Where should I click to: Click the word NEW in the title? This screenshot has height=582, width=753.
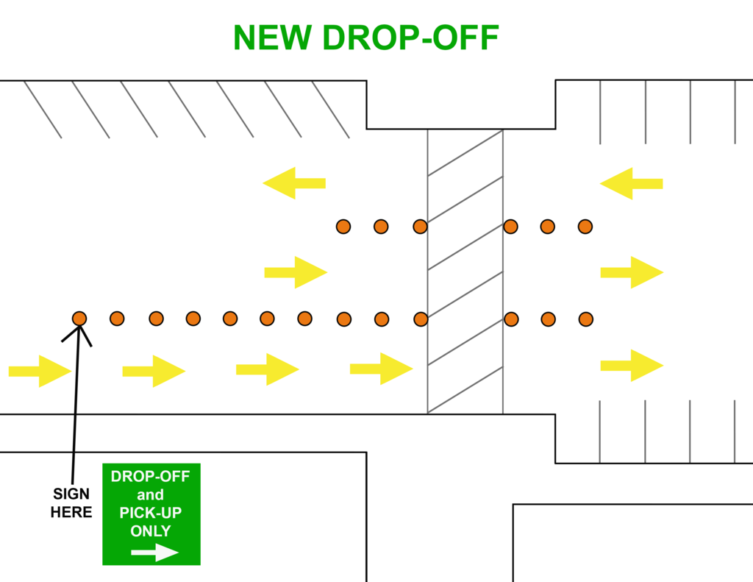273,38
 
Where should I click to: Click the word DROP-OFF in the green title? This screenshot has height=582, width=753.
411,38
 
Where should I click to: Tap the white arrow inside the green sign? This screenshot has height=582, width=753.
154,553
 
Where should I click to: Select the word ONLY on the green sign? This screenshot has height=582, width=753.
150,530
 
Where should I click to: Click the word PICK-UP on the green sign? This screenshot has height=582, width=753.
150,512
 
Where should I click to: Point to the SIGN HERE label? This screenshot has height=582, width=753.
71,503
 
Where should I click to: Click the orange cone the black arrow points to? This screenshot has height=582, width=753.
79,318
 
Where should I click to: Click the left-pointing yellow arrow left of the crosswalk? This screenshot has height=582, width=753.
294,183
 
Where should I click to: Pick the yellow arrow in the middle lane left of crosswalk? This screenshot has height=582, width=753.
296,272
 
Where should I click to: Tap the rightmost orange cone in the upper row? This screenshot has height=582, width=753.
585,227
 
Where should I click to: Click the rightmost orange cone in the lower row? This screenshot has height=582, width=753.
585,319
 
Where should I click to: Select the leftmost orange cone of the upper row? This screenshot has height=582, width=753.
343,227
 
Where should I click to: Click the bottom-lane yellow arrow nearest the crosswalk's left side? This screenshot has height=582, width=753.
381,368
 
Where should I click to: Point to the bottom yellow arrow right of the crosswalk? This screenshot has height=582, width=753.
632,365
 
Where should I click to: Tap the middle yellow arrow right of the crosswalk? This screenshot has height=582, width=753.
632,272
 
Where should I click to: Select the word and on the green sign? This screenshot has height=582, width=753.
150,494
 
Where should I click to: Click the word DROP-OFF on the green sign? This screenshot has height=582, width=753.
150,476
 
